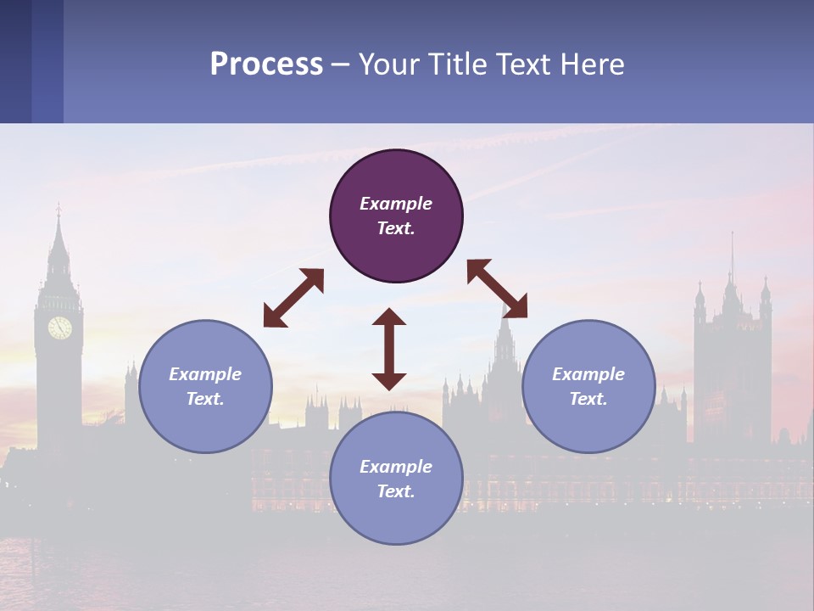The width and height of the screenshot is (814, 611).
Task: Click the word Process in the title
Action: point(266,64)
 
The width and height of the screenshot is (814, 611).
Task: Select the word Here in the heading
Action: point(594,64)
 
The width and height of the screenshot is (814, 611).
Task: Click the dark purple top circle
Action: point(396,216)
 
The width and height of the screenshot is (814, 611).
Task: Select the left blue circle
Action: point(205,386)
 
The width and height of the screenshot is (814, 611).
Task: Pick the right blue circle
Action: point(588,386)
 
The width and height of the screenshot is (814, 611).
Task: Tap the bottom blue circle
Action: point(396,478)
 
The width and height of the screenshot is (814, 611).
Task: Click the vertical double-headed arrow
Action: point(389,349)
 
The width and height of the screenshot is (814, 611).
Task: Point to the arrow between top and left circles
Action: point(293,298)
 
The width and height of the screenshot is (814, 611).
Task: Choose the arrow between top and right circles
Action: point(497,289)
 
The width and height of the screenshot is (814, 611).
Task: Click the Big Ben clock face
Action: point(59,328)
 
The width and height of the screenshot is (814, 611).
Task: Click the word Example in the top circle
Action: point(396,204)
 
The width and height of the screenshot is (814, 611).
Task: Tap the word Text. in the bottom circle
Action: point(396,491)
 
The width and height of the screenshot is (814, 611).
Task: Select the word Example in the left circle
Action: point(205,374)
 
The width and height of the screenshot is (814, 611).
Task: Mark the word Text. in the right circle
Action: point(588,399)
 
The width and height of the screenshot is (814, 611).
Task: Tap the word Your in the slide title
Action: point(389,64)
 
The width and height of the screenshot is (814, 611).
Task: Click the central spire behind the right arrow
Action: point(505,339)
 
